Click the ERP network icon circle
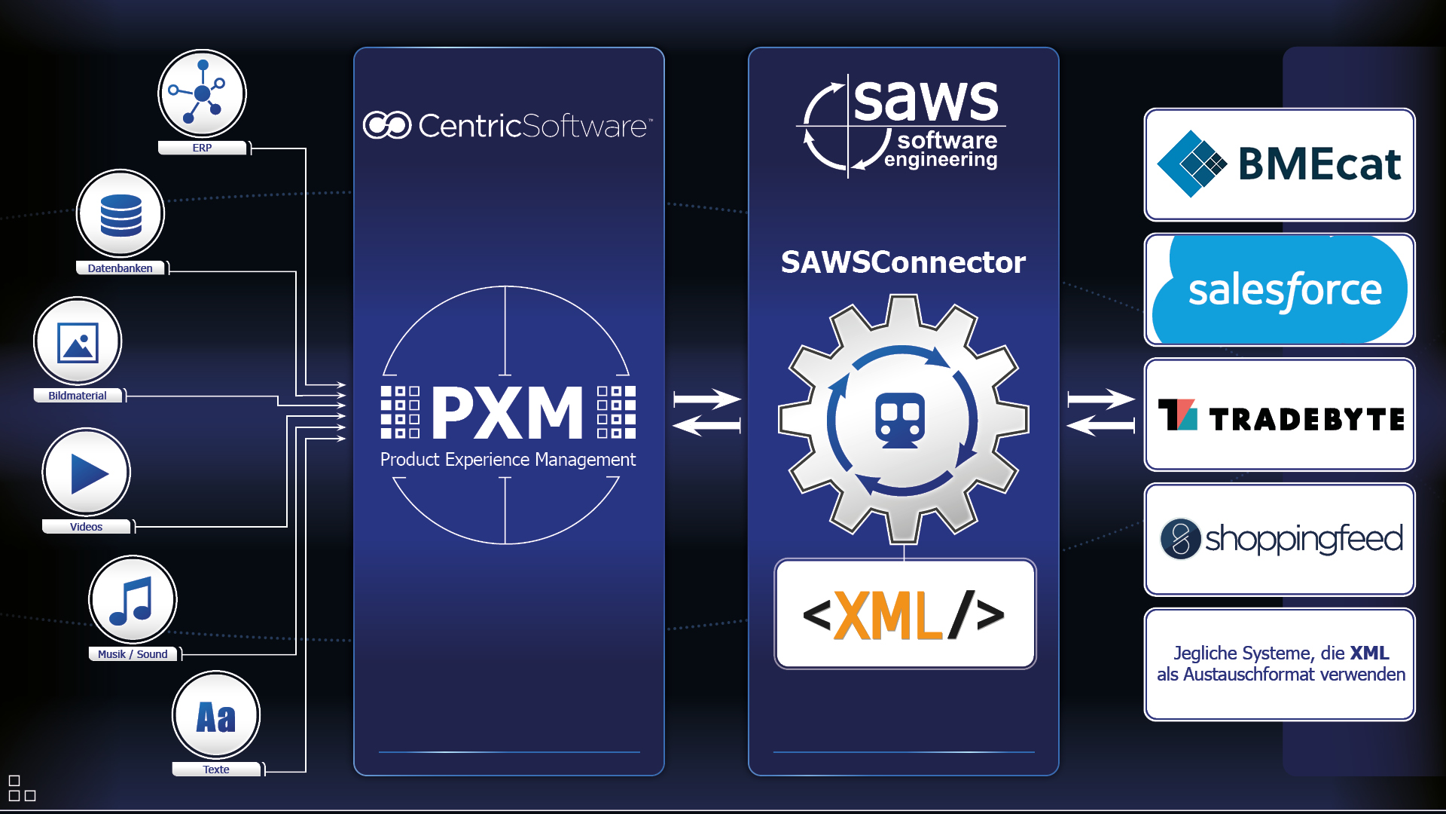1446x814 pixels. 202,93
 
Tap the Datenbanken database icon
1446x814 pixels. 120,214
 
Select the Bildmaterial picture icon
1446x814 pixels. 78,342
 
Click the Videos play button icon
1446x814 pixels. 87,473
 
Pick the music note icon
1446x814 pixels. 133,601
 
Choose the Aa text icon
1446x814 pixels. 216,716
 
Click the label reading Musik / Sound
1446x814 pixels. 133,654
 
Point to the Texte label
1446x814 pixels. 216,770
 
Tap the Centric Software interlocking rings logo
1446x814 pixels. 387,125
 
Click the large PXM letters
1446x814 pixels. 508,412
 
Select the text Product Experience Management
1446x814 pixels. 508,460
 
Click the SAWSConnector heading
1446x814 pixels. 903,262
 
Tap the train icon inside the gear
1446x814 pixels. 900,419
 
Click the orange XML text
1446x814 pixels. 889,616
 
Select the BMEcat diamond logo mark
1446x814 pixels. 1191,164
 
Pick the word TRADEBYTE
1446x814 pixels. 1307,419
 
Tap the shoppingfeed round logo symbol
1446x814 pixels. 1180,539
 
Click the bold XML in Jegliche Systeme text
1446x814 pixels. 1369,653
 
